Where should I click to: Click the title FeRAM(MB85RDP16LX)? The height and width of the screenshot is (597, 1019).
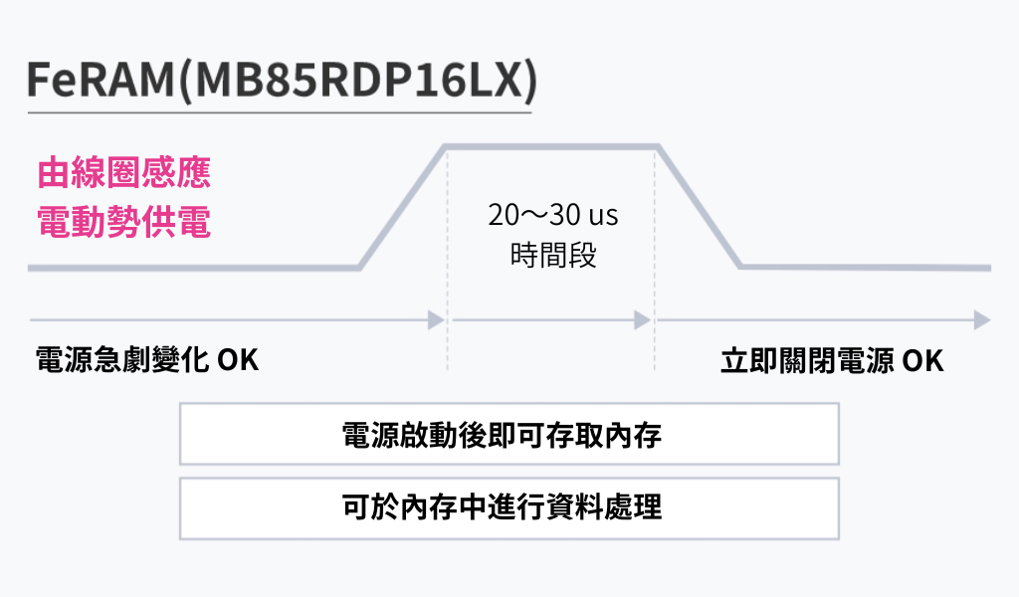click(x=281, y=82)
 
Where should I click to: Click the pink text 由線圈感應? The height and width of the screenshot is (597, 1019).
click(x=124, y=172)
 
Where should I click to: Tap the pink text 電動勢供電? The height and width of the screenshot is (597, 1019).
click(x=124, y=221)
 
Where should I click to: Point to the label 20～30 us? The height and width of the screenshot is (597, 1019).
click(x=553, y=214)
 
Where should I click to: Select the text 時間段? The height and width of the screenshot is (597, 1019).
click(x=553, y=256)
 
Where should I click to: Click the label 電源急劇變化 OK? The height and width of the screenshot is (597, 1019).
click(x=147, y=359)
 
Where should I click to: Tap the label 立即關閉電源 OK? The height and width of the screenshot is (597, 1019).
click(x=832, y=359)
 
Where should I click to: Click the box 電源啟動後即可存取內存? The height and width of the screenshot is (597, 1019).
click(x=509, y=434)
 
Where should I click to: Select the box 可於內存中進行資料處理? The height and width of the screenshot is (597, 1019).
click(x=509, y=508)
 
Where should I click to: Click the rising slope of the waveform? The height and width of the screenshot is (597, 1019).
click(x=402, y=208)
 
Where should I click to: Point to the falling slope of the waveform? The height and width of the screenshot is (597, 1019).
click(x=700, y=208)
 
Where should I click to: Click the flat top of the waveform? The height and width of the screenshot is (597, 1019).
click(x=552, y=147)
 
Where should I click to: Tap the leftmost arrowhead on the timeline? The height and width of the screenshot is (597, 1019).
click(x=436, y=320)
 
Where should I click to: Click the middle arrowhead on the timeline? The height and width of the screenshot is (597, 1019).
click(x=643, y=320)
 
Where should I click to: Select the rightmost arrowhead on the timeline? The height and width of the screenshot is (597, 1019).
click(x=982, y=320)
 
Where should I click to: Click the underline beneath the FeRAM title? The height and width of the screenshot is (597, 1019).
click(x=279, y=111)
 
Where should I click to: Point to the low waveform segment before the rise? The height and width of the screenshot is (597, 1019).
click(x=194, y=268)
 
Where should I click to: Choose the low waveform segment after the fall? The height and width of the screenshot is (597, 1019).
click(x=866, y=268)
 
